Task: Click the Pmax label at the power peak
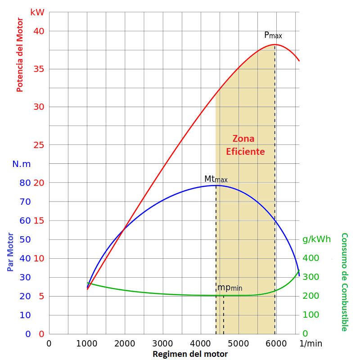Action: pyautogui.click(x=273, y=35)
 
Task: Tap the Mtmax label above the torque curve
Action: pyautogui.click(x=216, y=179)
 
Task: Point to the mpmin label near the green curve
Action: pyautogui.click(x=229, y=288)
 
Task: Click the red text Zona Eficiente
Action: pyautogui.click(x=245, y=145)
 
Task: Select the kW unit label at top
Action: pyautogui.click(x=37, y=12)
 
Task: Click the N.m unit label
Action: pyautogui.click(x=22, y=164)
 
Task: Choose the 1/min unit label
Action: pyautogui.click(x=311, y=343)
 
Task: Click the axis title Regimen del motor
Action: pyautogui.click(x=190, y=354)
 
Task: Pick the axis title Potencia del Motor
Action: pyautogui.click(x=20, y=54)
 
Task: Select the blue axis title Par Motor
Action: pyautogui.click(x=10, y=252)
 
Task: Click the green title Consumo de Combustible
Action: pyautogui.click(x=344, y=282)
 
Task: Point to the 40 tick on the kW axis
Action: pyautogui.click(x=39, y=31)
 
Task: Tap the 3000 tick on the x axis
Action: pyautogui.click(x=162, y=343)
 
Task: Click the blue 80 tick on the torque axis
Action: pyautogui.click(x=25, y=183)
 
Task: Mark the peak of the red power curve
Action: pyautogui.click(x=275, y=45)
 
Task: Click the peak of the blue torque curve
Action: pyautogui.click(x=216, y=185)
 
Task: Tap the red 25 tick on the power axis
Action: pyautogui.click(x=39, y=145)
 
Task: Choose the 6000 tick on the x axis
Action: pyautogui.click(x=276, y=343)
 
